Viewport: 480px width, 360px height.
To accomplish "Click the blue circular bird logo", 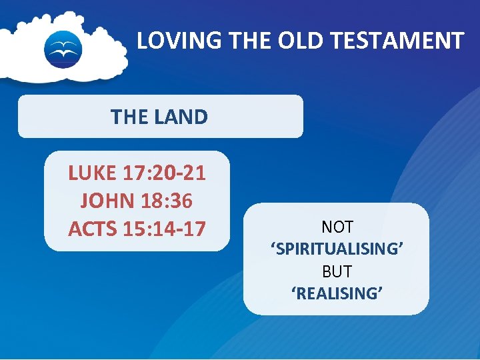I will (63, 49).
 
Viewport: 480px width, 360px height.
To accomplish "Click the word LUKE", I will (93, 173).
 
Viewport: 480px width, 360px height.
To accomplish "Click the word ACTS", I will (93, 228).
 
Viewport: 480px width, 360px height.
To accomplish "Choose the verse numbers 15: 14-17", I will (165, 228).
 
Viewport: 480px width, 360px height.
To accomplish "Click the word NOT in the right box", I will (337, 227).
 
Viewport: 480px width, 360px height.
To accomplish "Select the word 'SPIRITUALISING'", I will (337, 249).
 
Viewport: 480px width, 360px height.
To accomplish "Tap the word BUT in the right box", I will (337, 272).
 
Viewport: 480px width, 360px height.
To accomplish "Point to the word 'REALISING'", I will (337, 294).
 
